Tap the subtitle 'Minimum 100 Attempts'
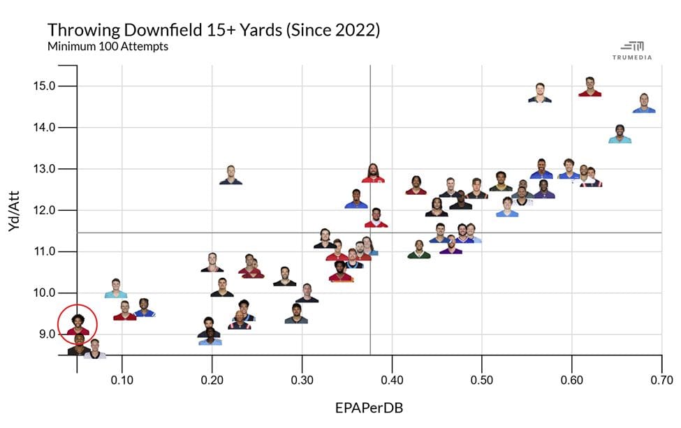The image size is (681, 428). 108,47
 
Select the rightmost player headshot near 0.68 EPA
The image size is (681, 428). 644,103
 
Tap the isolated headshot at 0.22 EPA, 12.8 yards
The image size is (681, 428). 230,175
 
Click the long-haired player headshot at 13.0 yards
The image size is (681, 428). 374,172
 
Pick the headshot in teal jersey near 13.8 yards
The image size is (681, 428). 620,134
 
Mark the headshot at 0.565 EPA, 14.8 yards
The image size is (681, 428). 540,94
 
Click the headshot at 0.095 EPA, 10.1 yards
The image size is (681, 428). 116,288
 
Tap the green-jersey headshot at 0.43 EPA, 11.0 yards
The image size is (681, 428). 419,250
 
